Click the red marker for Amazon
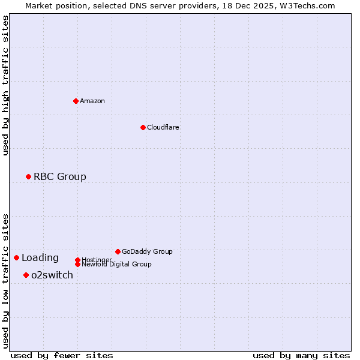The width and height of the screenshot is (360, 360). [76, 101]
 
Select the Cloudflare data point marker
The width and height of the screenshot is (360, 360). [143, 127]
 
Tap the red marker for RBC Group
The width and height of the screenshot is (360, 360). [28, 176]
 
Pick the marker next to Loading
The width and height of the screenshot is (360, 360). [16, 257]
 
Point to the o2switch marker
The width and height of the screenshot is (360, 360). [26, 275]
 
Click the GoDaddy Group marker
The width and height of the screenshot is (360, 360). [118, 251]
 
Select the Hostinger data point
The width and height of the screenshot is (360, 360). [77, 260]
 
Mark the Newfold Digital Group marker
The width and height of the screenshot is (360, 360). [77, 264]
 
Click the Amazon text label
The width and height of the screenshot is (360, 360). [92, 101]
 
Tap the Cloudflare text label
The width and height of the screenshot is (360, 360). [163, 127]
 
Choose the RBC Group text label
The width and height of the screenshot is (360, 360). [60, 176]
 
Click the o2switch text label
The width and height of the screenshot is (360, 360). [52, 275]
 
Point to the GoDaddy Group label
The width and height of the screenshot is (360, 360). [147, 251]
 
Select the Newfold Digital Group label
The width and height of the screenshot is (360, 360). [117, 265]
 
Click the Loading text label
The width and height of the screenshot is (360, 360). [40, 258]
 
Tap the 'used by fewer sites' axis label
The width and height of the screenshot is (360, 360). [62, 355]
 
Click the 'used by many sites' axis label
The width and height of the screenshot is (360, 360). [301, 355]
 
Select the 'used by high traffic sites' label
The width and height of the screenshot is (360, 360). [5, 85]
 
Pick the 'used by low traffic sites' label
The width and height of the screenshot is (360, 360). [5, 280]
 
